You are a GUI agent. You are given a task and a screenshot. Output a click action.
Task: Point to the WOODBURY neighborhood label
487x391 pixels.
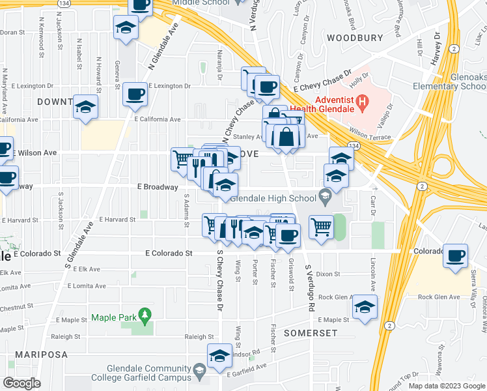[x=354, y=37]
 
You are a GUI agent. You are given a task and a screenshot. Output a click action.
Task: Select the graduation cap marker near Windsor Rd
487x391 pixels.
[x=219, y=355]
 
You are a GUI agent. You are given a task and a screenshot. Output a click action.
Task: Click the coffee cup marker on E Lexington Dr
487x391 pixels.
[x=135, y=93]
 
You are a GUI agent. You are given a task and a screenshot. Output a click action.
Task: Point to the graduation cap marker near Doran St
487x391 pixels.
[x=125, y=28]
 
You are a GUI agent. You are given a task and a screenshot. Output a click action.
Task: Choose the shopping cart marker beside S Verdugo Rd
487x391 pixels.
[x=320, y=227]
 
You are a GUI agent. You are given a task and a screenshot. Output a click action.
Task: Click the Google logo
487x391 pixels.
[x=21, y=383]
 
